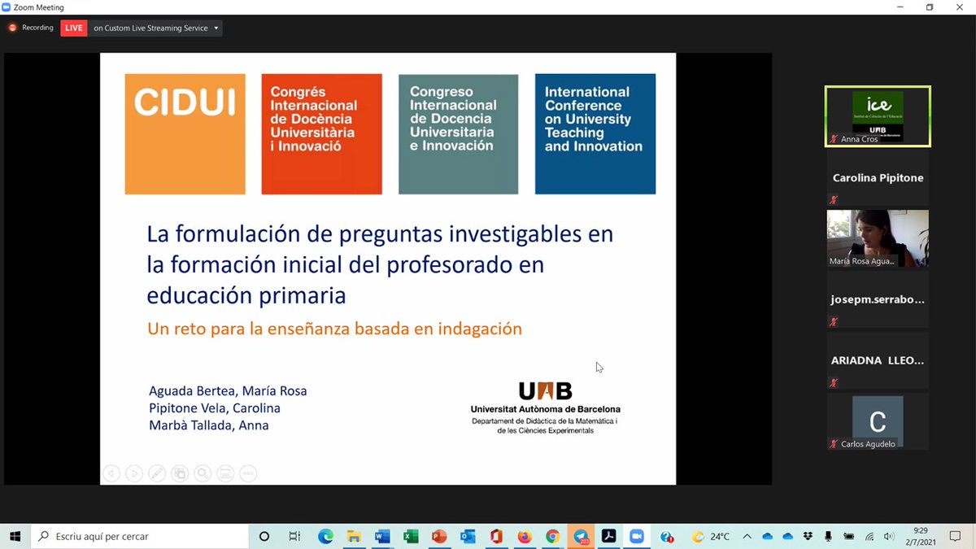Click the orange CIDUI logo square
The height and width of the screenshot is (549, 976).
point(185,134)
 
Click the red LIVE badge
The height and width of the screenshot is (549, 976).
point(74,28)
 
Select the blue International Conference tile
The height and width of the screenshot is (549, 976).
point(595,134)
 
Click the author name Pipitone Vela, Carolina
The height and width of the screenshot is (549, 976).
point(215,408)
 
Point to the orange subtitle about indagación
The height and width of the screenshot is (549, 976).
point(334,329)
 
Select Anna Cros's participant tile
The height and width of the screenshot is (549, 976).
point(878,116)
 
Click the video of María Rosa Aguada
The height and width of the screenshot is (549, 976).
point(878,238)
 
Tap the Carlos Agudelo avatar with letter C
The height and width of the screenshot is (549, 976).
point(878,420)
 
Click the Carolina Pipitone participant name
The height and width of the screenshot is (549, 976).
point(878,177)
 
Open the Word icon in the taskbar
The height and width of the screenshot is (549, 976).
point(382,537)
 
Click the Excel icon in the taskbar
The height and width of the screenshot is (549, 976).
point(411,537)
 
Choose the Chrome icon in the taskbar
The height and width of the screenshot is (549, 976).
point(552,537)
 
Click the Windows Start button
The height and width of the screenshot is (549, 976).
point(15,537)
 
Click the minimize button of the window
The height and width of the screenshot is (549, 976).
point(900,7)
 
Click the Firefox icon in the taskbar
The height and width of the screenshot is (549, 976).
point(524,537)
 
